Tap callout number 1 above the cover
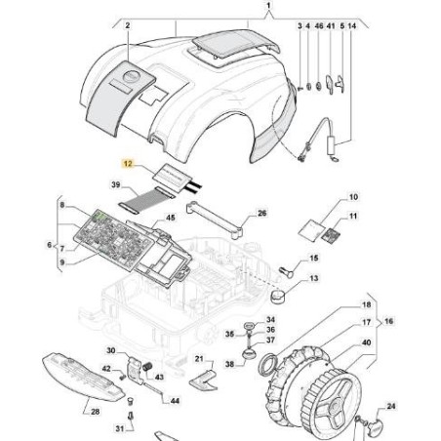pos(270,6)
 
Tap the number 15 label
pos(313,258)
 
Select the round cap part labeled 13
pos(283,296)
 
